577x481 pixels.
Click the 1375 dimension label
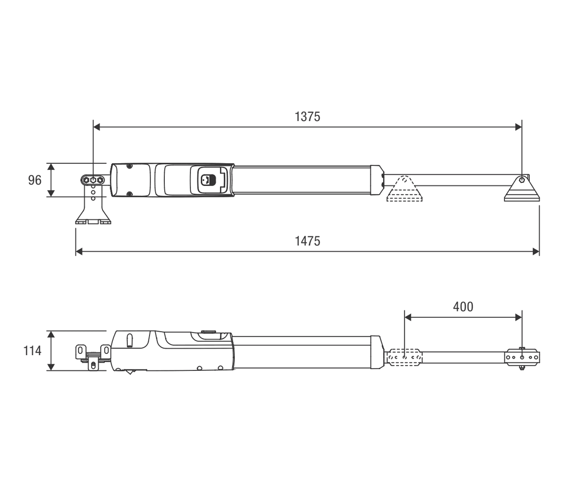pos(307,117)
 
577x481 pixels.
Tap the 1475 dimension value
pos(308,241)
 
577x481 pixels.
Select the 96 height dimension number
pos(35,180)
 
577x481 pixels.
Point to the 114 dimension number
pos(32,351)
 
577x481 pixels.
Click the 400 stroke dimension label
pos(463,307)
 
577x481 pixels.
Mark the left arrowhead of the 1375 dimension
pos(97,127)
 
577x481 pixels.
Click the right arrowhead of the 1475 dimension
pos(536,252)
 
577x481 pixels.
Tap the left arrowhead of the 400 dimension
pos(408,317)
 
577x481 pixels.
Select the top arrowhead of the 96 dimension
pos(51,166)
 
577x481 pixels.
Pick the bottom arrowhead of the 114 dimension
pos(51,367)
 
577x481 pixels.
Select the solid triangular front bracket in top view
pos(522,188)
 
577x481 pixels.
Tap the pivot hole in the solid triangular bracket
pos(522,180)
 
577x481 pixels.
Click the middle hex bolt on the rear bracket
pos(93,180)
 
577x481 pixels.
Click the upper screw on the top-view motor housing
pos(129,166)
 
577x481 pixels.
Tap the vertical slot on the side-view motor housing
pos(129,340)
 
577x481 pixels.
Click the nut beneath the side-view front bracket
pos(522,368)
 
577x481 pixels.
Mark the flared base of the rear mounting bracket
pos(93,218)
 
